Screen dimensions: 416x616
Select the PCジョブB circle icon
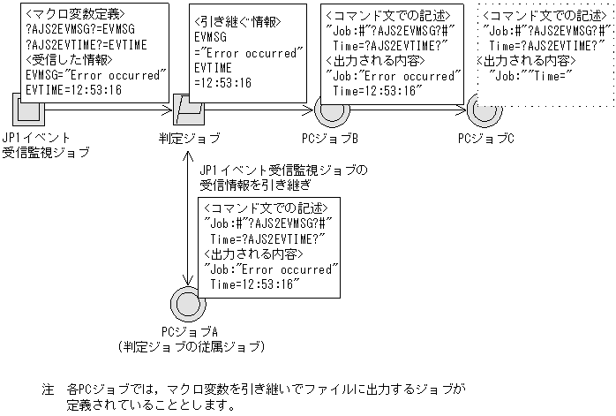(329, 111)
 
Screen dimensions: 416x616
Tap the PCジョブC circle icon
(485, 111)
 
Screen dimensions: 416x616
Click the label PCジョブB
(329, 139)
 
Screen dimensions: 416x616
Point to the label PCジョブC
(485, 139)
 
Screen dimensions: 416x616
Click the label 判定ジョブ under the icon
(189, 139)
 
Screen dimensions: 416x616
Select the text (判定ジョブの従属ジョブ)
(190, 347)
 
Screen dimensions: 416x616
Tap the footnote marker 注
(48, 389)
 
